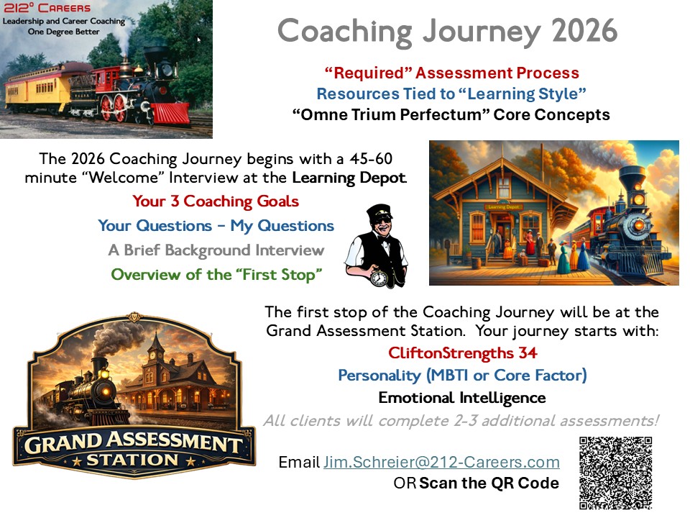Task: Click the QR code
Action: coord(615,473)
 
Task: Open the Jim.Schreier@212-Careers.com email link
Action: coord(442,462)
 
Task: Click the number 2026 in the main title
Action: coord(585,30)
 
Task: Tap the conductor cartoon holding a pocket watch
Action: coord(377,246)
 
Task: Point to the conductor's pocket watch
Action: coord(379,278)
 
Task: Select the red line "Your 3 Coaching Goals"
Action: coord(216,201)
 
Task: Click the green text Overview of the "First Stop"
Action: coord(216,274)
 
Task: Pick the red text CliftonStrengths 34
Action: coord(462,353)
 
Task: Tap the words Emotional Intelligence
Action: coord(462,398)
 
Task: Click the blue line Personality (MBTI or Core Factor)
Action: coord(462,376)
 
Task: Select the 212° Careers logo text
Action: coord(47,8)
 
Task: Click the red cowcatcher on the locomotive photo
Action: coord(170,113)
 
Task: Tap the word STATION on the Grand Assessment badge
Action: coord(132,460)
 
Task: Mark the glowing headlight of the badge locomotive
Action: coord(106,391)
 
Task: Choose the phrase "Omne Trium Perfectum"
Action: coord(391,114)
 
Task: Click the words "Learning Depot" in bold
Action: coord(349,178)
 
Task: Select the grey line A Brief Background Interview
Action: coord(216,250)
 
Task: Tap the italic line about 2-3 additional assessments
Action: coord(461,421)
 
